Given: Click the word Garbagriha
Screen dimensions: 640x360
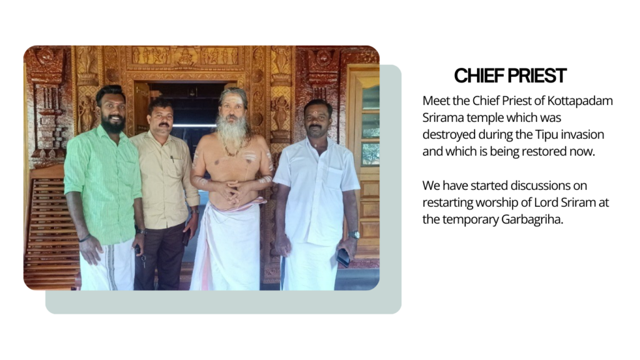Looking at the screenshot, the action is pyautogui.click(x=532, y=219).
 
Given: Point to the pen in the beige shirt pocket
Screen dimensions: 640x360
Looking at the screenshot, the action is pyautogui.click(x=172, y=159).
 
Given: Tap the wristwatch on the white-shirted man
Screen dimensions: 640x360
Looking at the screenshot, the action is pyautogui.click(x=354, y=235).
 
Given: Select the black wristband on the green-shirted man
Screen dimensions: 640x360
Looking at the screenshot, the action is pyautogui.click(x=85, y=238).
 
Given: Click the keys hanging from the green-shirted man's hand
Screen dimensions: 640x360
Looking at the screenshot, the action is pyautogui.click(x=143, y=260).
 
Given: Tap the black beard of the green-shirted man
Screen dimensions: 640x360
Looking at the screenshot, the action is pyautogui.click(x=112, y=124).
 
